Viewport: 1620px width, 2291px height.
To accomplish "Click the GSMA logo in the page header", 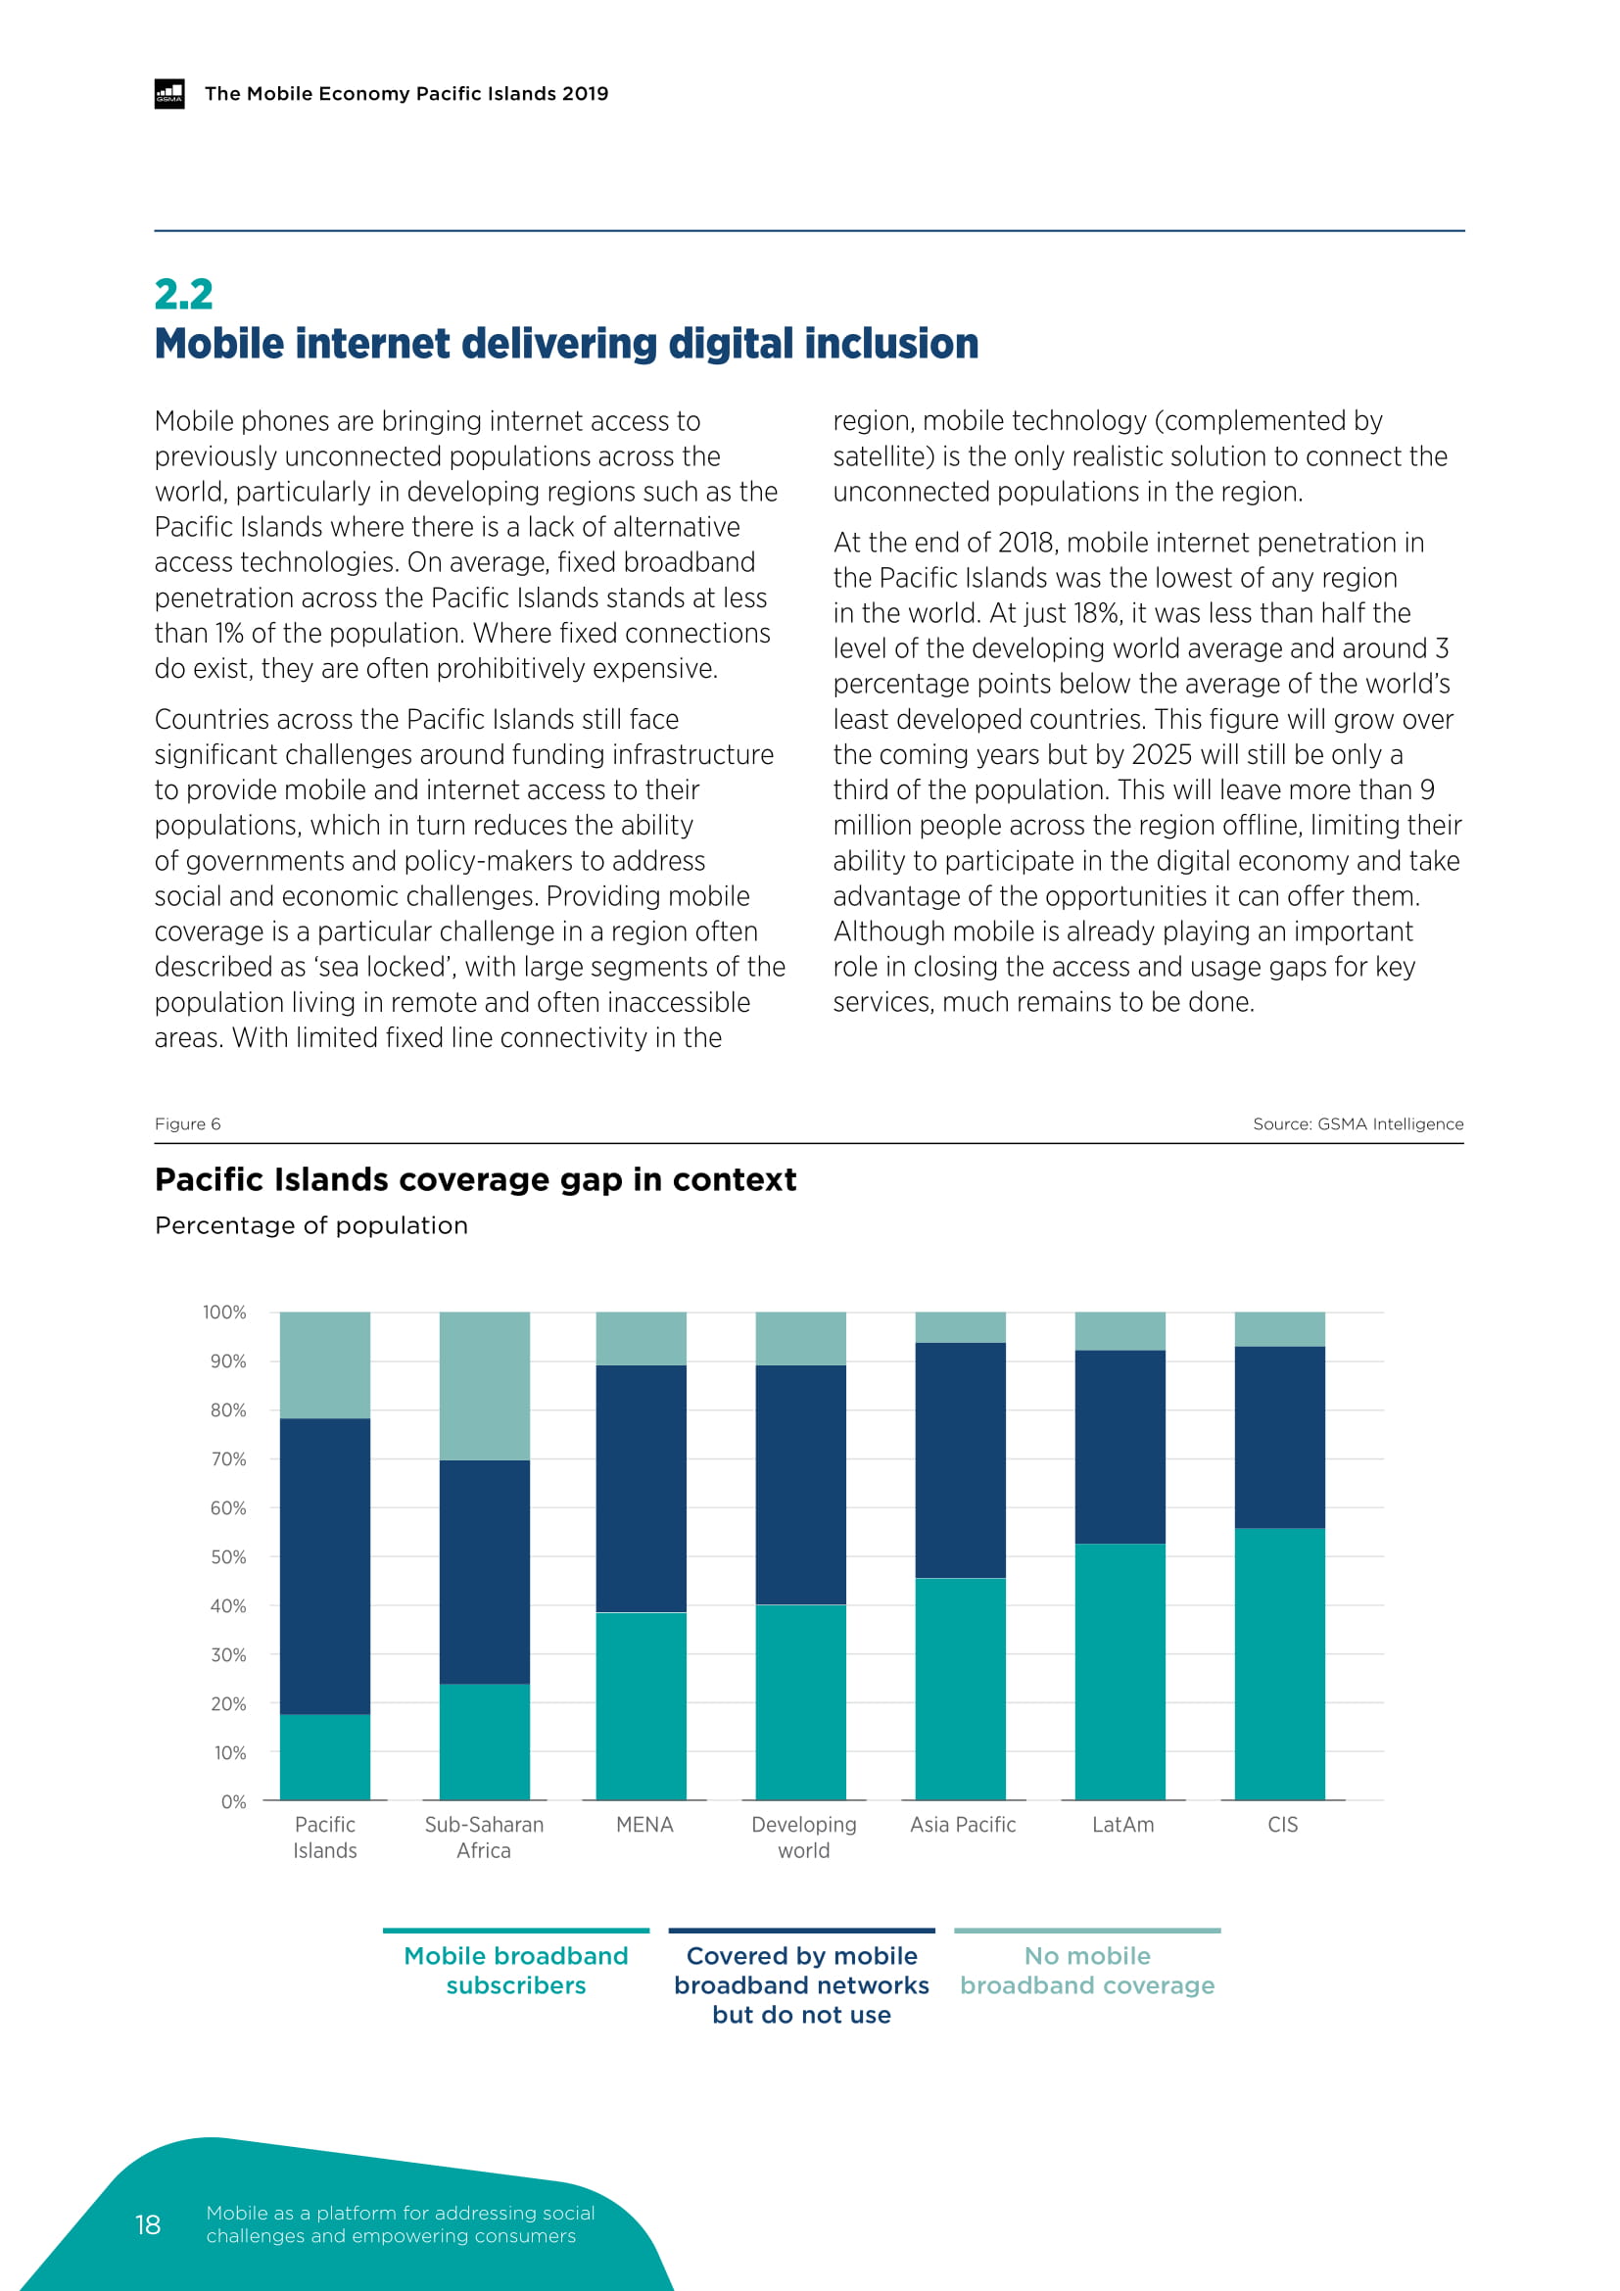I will tap(169, 93).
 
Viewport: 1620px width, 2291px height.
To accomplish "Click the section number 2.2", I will tap(183, 294).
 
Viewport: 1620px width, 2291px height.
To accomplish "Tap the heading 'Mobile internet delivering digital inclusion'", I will tap(565, 343).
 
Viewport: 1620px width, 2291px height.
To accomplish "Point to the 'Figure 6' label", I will tap(187, 1123).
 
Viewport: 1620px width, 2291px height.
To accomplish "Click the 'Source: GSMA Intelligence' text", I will tap(1358, 1123).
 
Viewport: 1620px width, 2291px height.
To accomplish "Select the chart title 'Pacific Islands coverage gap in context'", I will tap(475, 1179).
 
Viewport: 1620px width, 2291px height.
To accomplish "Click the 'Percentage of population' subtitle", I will tap(311, 1225).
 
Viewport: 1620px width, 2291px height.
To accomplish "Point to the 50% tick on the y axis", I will tap(227, 1556).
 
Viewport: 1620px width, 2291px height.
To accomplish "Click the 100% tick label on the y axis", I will tap(224, 1313).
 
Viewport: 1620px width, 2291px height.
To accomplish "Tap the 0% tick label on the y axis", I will tap(233, 1801).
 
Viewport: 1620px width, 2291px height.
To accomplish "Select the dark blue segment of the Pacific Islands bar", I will tap(324, 1565).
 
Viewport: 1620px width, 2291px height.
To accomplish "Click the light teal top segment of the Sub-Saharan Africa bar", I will tap(484, 1385).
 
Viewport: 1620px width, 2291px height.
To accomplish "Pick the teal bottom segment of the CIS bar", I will tap(1280, 1663).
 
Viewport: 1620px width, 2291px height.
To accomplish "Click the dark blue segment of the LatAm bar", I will tap(1120, 1446).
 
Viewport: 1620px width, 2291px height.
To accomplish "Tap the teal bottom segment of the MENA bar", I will tap(642, 1705).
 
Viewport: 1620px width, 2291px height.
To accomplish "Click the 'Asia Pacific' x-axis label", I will tap(963, 1824).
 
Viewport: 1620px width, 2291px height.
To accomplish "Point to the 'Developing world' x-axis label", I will tap(803, 1837).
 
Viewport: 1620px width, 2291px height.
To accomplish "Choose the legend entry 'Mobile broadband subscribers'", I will tap(516, 1970).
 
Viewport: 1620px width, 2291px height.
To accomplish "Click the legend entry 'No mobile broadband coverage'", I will tap(1087, 1970).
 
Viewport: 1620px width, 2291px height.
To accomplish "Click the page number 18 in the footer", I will tap(148, 2224).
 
